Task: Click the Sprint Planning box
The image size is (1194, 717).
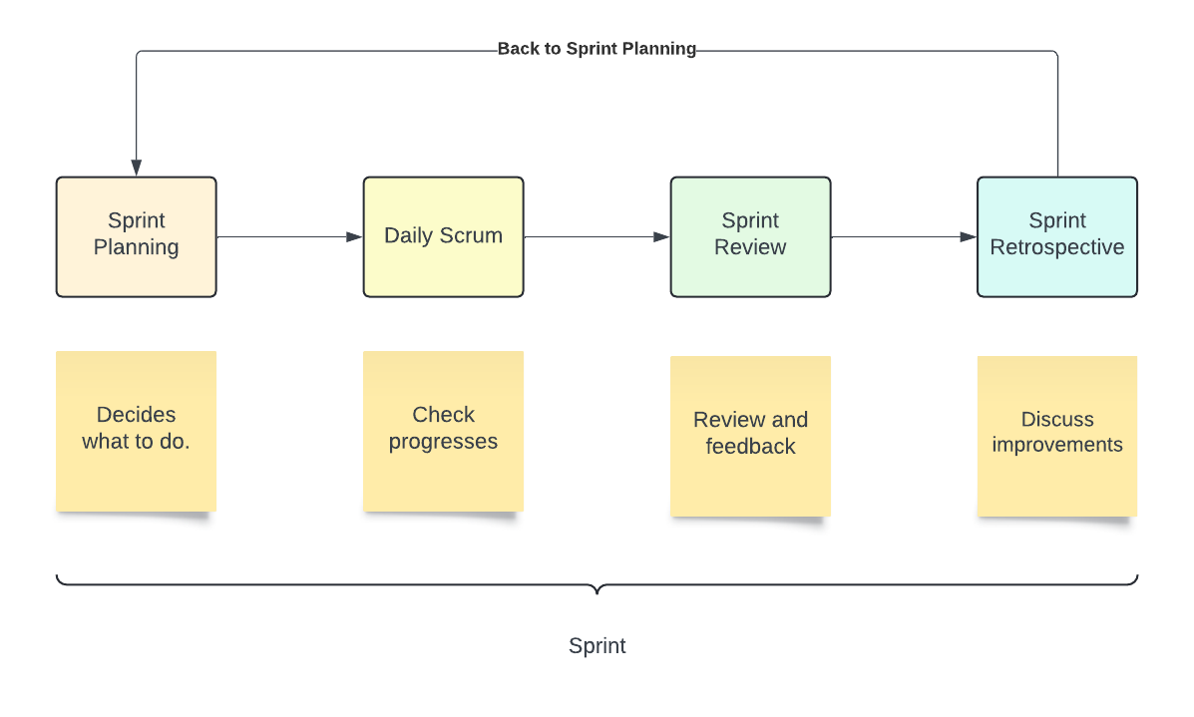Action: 136,236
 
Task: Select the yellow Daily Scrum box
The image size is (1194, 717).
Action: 443,236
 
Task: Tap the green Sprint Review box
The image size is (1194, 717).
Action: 750,236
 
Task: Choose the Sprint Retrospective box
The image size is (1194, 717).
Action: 1056,236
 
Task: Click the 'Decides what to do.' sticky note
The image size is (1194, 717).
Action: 136,431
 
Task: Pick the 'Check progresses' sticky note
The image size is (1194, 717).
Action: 443,431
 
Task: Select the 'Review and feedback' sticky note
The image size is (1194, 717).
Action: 750,436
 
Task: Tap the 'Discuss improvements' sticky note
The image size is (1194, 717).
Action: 1056,436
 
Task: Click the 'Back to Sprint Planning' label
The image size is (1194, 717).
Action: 597,49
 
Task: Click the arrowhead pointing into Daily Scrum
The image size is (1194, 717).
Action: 354,237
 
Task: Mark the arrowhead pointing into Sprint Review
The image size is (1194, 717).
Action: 661,237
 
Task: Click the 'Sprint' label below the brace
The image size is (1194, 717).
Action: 597,646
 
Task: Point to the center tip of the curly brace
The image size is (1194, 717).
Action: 597,591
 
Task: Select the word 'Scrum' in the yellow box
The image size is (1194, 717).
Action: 473,236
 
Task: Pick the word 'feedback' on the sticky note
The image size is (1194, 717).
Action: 750,447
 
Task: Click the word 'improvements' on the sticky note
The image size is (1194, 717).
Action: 1056,445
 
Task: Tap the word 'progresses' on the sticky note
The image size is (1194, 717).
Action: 443,442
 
